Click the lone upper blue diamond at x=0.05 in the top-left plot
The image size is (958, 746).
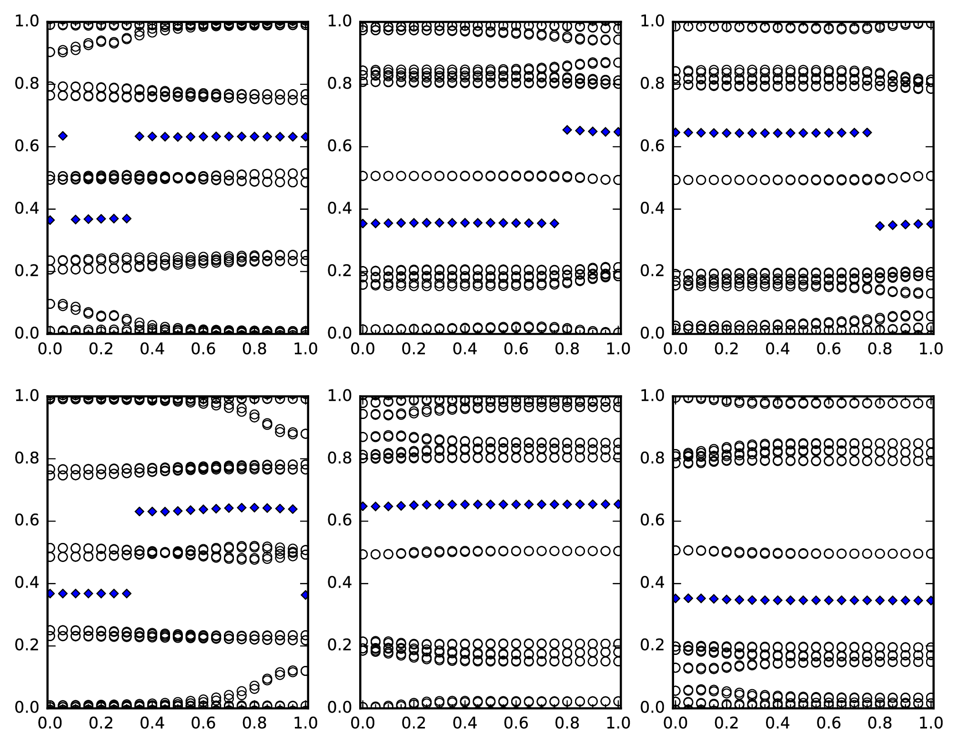click(62, 136)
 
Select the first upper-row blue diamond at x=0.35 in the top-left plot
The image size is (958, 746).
click(140, 136)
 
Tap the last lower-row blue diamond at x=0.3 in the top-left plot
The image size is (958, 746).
click(127, 218)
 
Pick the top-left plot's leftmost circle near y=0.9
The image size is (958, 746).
click(50, 52)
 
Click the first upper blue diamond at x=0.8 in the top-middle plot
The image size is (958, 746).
click(567, 130)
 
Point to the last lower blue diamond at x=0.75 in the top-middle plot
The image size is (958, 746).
click(554, 223)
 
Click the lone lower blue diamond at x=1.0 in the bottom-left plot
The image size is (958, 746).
click(305, 595)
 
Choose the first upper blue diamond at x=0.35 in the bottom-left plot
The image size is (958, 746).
click(140, 511)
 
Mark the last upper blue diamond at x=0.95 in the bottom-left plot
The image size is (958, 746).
click(293, 509)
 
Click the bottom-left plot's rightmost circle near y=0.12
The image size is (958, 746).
click(305, 671)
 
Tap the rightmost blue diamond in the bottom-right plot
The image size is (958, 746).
click(931, 601)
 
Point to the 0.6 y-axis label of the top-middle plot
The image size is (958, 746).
click(340, 146)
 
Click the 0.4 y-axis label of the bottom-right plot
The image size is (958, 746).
click(653, 583)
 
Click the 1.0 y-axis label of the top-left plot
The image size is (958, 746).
click(27, 21)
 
